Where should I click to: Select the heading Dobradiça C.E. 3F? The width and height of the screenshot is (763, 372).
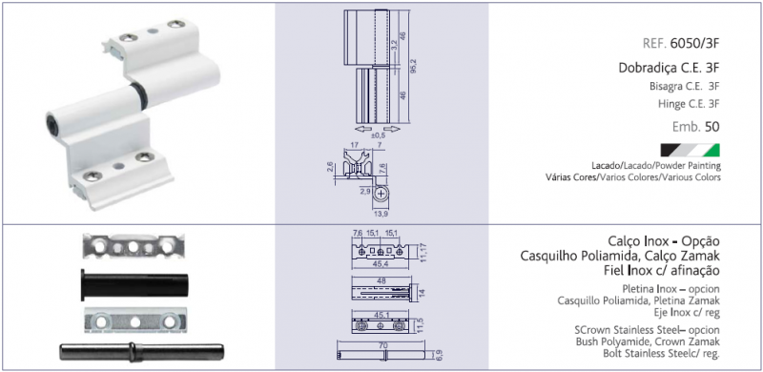pyautogui.click(x=670, y=68)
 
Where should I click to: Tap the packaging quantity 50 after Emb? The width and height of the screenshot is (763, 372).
pyautogui.click(x=711, y=127)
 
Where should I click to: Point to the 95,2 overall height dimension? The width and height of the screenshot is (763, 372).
pyautogui.click(x=413, y=67)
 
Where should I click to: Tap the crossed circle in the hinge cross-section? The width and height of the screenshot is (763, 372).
pyautogui.click(x=381, y=194)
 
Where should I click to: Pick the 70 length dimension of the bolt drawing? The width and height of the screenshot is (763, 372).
pyautogui.click(x=382, y=345)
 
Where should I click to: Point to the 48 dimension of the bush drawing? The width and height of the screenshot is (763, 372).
pyautogui.click(x=381, y=282)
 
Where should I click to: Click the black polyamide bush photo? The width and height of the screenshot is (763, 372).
pyautogui.click(x=134, y=285)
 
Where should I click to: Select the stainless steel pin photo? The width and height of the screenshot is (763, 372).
pyautogui.click(x=141, y=352)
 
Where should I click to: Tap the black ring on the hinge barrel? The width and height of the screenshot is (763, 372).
pyautogui.click(x=139, y=95)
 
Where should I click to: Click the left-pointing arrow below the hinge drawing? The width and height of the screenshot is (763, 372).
pyautogui.click(x=361, y=129)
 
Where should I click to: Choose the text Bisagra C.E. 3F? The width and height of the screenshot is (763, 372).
pyautogui.click(x=684, y=87)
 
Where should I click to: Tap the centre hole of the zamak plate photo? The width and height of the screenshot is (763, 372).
pyautogui.click(x=134, y=321)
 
